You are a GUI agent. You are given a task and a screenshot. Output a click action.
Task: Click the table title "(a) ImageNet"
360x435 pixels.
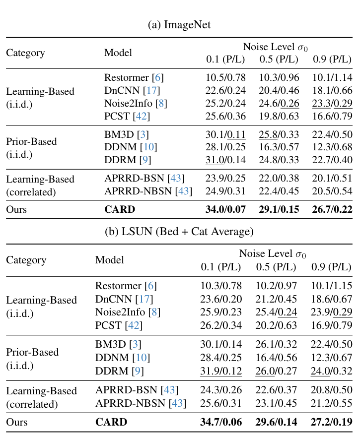coord(179,25)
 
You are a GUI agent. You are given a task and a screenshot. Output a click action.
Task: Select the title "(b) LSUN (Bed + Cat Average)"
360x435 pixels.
coord(179,232)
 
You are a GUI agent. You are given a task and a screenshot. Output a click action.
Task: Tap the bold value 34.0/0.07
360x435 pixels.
coord(225,209)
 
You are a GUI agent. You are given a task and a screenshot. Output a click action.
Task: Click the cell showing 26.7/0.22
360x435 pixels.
coord(332,209)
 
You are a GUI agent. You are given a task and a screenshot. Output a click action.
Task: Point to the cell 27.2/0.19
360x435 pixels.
coord(331,423)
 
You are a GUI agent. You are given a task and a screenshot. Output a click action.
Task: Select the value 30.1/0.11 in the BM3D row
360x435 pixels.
coord(225,134)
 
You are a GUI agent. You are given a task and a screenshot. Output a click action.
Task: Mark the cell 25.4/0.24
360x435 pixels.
coord(276,312)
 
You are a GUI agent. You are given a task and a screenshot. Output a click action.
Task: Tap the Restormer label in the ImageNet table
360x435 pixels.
coord(126,78)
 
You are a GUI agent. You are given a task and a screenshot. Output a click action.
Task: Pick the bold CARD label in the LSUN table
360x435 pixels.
coord(111,423)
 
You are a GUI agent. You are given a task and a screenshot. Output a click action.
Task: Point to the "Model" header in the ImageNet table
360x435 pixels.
coord(118,53)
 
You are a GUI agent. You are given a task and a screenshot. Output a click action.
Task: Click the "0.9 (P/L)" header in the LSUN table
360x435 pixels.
coord(331,267)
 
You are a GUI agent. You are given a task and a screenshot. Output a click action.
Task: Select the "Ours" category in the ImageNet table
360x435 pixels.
coord(16,209)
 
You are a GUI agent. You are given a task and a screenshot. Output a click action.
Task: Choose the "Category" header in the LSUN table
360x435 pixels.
coord(26,260)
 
